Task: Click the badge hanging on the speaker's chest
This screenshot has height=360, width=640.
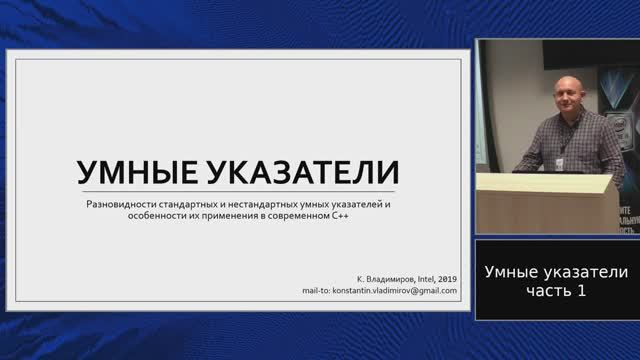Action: tap(560, 164)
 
